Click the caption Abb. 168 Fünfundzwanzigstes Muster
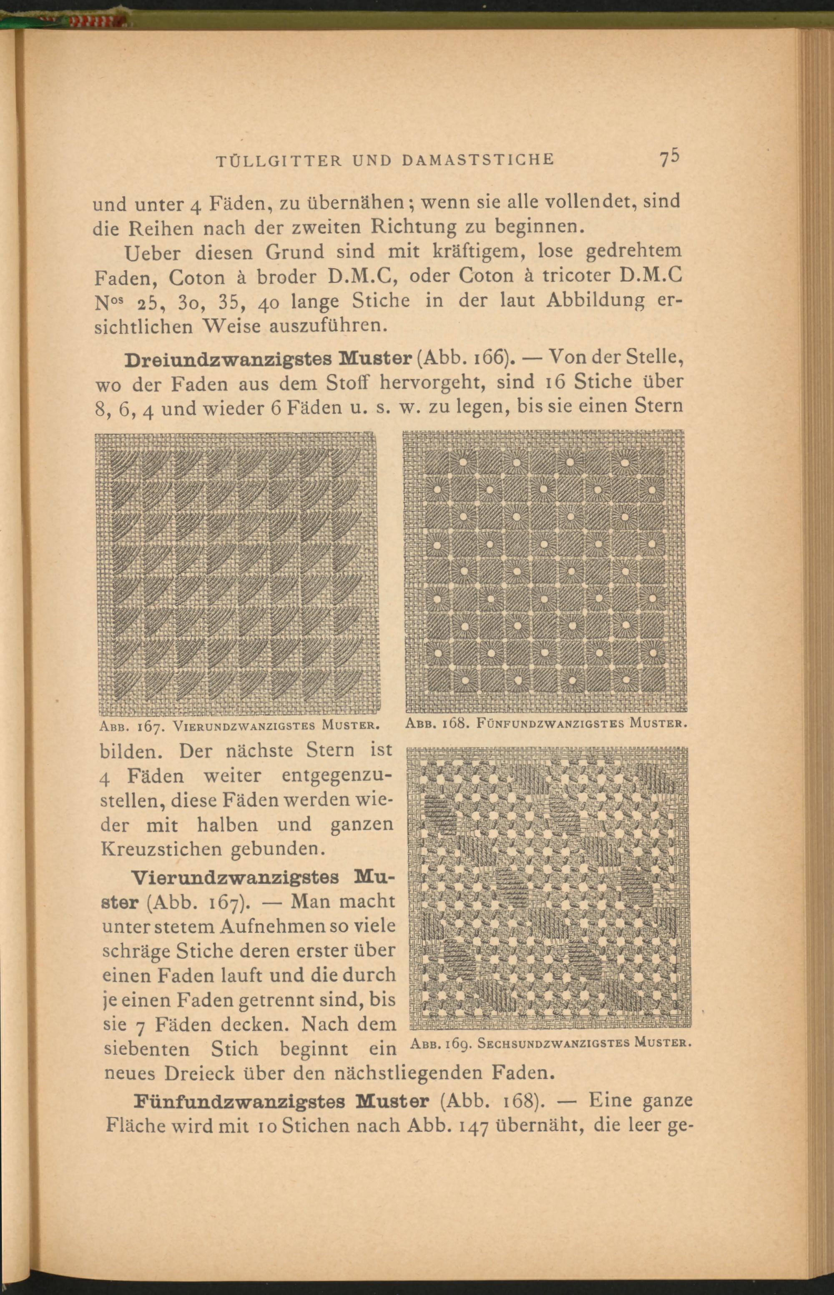(546, 723)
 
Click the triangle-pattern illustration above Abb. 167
(237, 574)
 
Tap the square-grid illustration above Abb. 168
(544, 571)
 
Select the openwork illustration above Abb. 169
(549, 887)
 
